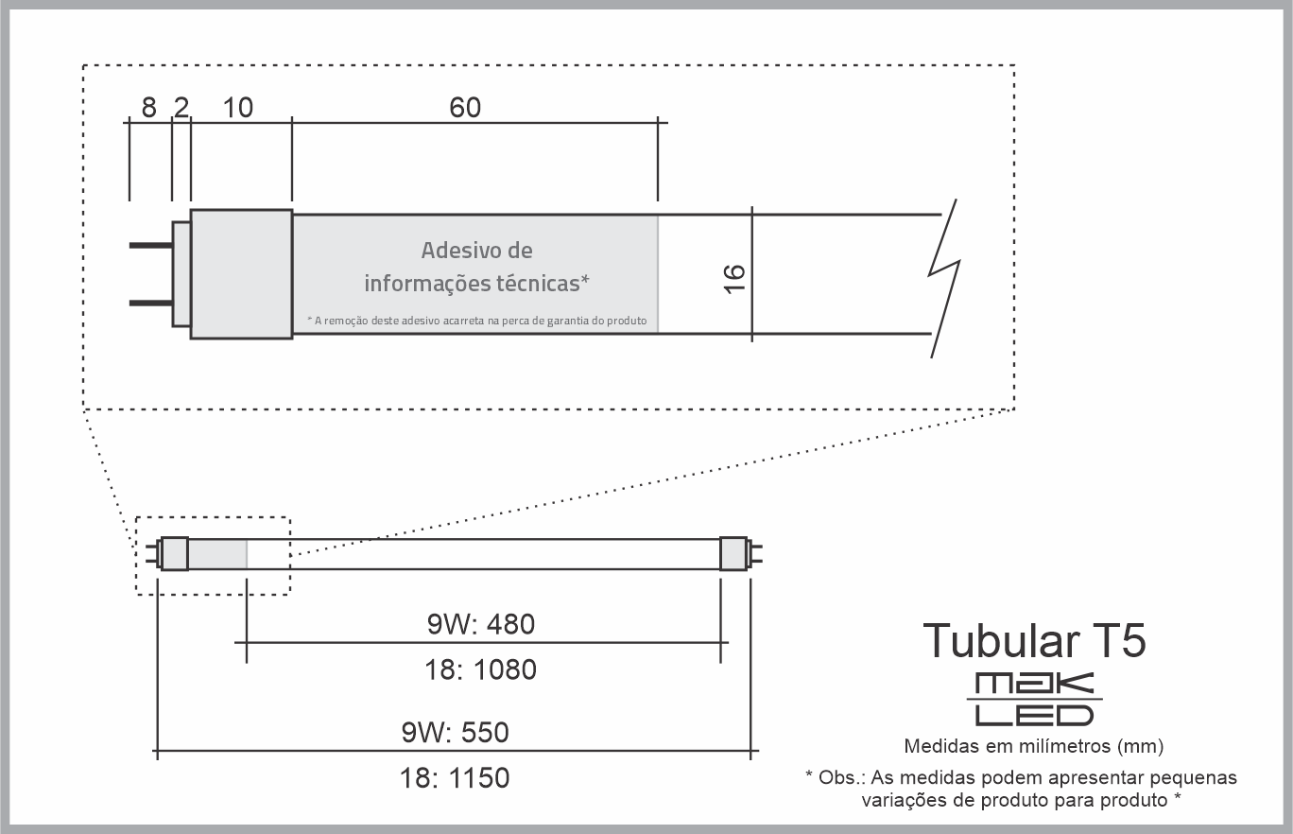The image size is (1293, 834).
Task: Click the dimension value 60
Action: click(465, 108)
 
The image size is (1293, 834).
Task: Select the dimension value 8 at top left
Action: click(149, 108)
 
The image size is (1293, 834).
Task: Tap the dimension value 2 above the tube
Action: click(181, 108)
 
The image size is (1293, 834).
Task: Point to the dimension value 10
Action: click(238, 108)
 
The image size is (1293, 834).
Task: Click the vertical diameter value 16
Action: click(734, 279)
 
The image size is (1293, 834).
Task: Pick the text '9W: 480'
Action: click(481, 624)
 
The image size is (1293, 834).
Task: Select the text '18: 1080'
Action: click(480, 670)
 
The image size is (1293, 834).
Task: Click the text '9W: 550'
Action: click(455, 732)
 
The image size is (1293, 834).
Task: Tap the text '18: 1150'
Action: click(455, 778)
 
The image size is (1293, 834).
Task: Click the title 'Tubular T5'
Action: click(1034, 640)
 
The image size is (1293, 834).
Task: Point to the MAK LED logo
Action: click(1034, 699)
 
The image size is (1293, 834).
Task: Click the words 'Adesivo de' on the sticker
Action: click(476, 250)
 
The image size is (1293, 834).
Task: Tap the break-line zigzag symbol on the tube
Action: click(944, 278)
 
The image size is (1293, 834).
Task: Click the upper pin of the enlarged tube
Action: click(151, 246)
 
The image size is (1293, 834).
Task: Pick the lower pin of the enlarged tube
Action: click(151, 303)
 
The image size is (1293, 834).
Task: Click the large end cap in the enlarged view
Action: click(241, 274)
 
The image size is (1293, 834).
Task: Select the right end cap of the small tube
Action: click(733, 554)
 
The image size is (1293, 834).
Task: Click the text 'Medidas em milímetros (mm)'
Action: click(1033, 746)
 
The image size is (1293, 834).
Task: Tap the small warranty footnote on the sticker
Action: click(476, 321)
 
